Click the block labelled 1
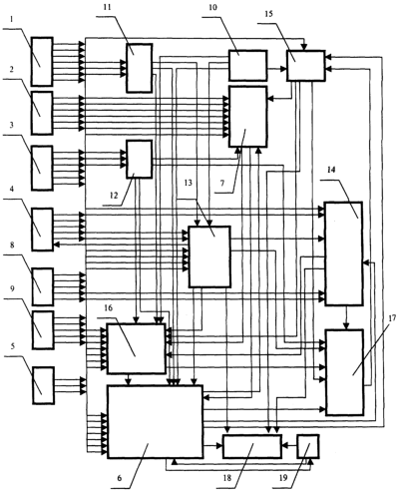click(42, 62)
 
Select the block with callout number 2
click(42, 113)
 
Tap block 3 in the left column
click(42, 168)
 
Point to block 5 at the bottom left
click(43, 385)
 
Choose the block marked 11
click(139, 68)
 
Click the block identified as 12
click(139, 160)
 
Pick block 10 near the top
click(247, 66)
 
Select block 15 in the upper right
click(306, 66)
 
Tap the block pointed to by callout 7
click(247, 117)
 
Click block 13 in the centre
click(209, 256)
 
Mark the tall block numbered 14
click(344, 253)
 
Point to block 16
click(136, 348)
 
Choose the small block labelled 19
click(308, 446)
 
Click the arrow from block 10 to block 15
click(277, 69)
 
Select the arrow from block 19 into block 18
click(289, 445)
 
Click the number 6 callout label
click(120, 478)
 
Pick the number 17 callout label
click(392, 318)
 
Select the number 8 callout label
click(12, 246)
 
